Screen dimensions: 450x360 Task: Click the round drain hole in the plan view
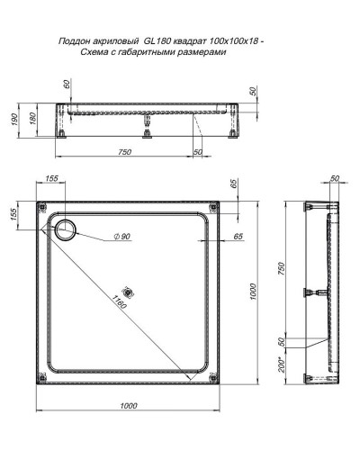[x=67, y=229]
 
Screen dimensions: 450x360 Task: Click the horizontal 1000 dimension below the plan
[x=129, y=408]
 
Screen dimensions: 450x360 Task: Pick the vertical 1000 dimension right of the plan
[x=256, y=292]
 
